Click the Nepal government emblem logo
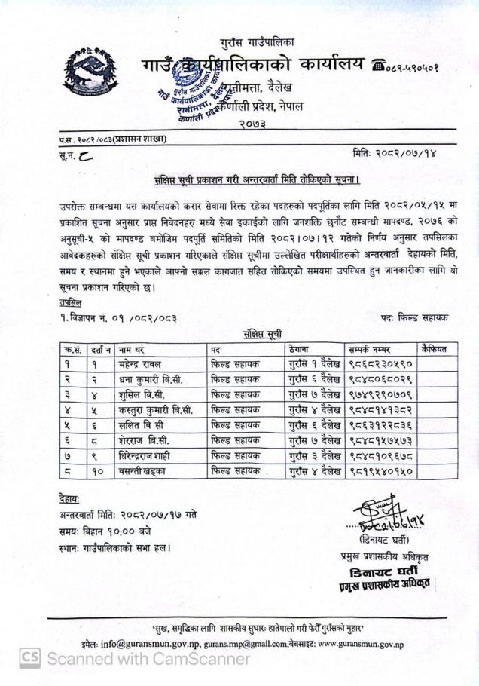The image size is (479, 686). [90, 72]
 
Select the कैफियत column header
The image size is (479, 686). [433, 348]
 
